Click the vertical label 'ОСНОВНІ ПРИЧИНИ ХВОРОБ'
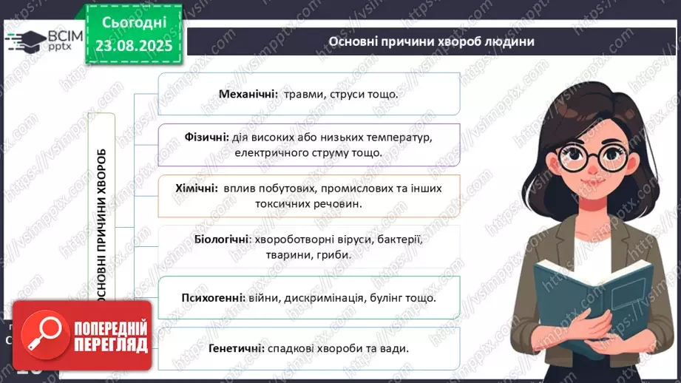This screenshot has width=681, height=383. [102, 222]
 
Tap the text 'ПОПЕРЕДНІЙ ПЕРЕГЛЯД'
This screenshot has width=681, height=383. [109, 336]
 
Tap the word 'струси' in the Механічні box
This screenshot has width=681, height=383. [359, 94]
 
